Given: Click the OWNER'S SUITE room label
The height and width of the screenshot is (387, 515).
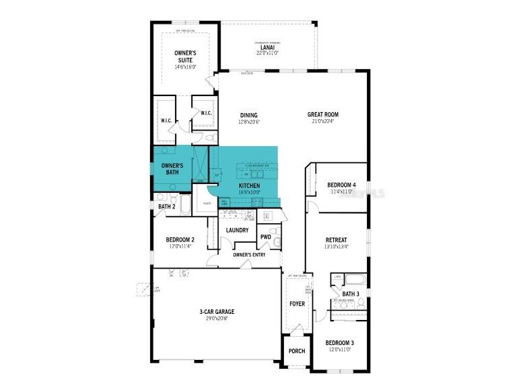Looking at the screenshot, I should [x=185, y=56].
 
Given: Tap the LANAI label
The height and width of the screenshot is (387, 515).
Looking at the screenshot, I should [x=268, y=47].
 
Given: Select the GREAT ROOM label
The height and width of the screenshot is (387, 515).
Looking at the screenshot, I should [x=322, y=115].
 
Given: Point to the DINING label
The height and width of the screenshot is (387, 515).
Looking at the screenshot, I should [x=248, y=115].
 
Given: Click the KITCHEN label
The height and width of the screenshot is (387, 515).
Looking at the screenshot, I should [x=249, y=185].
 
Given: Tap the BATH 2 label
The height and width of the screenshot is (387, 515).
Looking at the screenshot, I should [x=166, y=206].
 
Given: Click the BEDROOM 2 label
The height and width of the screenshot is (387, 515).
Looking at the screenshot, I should [x=180, y=240].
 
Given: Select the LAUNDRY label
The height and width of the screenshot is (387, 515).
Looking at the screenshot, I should [x=237, y=230].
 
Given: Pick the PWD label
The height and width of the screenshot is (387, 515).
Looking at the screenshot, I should [x=266, y=237].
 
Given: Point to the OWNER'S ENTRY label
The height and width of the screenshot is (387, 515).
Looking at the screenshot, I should [x=249, y=254].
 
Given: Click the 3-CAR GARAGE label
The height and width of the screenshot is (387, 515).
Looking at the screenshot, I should [x=216, y=312].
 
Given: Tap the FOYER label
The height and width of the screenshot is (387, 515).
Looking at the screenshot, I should [x=297, y=304].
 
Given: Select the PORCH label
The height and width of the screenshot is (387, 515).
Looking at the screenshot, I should [x=296, y=351].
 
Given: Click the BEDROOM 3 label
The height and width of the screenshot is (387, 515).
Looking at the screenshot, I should [x=339, y=343].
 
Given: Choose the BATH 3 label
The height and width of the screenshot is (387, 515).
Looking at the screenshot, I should [x=350, y=294].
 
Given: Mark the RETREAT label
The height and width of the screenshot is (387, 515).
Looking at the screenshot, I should [x=336, y=240].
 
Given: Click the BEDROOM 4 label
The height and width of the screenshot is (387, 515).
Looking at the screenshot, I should [x=341, y=185].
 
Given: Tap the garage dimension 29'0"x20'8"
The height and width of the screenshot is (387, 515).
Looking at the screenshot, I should [x=216, y=319].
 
